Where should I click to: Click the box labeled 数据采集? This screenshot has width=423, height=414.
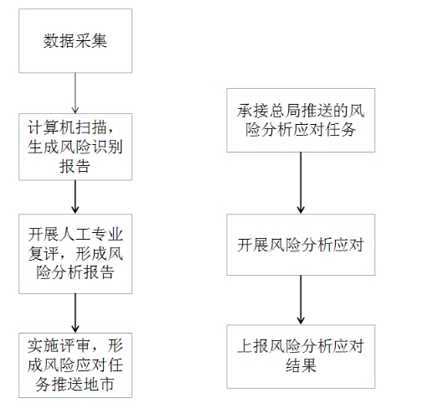[x=75, y=41]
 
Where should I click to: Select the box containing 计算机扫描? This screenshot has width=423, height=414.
[x=75, y=147]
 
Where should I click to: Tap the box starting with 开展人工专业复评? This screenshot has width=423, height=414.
[x=75, y=254]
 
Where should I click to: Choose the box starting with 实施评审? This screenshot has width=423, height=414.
[x=75, y=365]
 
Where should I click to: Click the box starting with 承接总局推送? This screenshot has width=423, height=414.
[x=301, y=120]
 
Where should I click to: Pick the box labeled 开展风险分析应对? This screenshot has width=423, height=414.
[x=301, y=245]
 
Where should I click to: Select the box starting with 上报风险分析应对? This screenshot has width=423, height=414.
[x=301, y=356]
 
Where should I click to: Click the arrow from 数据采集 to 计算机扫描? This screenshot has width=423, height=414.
[x=75, y=93]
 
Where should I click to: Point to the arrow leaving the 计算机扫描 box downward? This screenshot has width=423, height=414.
[x=75, y=197]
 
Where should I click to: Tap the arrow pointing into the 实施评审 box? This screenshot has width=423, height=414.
[x=75, y=313]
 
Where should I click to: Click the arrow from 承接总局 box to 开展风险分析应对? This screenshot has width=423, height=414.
[x=301, y=183]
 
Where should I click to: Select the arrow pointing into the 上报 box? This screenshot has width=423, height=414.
[x=301, y=300]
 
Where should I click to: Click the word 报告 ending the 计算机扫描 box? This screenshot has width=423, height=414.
[x=75, y=166]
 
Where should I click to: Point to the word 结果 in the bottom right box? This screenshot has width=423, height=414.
[x=301, y=365]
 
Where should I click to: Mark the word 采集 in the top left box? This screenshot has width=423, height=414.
[x=91, y=41]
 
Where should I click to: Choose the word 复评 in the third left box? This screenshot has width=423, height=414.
[x=44, y=254]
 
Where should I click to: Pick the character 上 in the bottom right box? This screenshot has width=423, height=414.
[x=245, y=346]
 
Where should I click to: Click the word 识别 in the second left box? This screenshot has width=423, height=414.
[x=107, y=147]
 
